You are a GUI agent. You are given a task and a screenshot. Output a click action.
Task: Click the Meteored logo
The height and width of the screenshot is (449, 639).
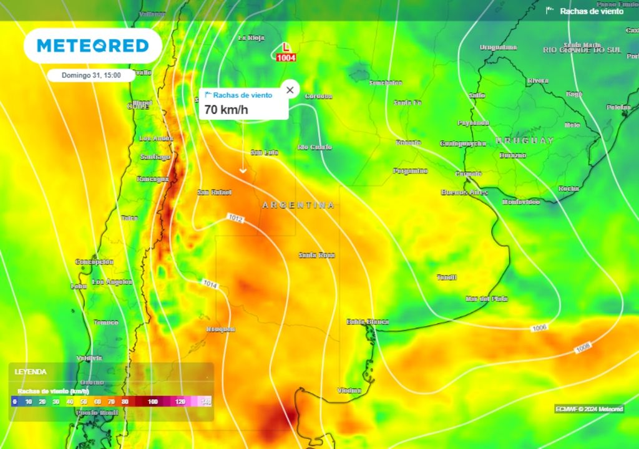point(92,46)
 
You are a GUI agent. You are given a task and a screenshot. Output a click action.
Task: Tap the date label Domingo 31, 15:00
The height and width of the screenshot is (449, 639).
point(91,75)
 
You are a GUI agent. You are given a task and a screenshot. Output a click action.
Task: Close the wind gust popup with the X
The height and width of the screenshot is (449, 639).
point(290,90)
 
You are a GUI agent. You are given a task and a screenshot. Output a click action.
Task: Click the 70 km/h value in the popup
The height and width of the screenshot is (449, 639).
point(226,110)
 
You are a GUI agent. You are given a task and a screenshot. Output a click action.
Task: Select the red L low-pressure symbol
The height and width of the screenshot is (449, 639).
point(286,47)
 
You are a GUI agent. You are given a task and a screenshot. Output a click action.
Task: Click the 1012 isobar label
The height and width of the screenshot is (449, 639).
point(236,219)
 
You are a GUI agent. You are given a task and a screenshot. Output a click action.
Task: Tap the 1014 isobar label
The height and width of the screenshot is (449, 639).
point(210,284)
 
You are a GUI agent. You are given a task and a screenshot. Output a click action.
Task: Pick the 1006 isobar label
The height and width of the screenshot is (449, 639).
point(540,328)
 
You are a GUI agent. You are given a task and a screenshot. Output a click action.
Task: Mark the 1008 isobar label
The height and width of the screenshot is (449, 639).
point(583,347)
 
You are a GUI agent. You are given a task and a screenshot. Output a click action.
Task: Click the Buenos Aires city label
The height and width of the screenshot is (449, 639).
point(464,192)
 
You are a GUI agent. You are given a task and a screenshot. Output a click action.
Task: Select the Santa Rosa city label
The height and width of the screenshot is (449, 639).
point(316,255)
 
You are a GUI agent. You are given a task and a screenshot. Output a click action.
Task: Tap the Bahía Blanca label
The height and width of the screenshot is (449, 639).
point(368,322)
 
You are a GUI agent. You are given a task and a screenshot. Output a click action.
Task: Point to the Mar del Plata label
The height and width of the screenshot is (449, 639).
point(486,299)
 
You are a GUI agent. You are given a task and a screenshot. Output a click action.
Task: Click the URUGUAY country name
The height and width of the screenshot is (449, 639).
point(525,140)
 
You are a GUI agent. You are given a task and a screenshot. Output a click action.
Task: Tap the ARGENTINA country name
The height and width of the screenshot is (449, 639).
point(298,205)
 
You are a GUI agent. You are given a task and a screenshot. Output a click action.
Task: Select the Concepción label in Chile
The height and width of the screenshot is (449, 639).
point(94,262)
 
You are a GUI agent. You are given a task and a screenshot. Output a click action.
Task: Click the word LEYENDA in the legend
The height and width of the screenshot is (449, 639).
point(31,372)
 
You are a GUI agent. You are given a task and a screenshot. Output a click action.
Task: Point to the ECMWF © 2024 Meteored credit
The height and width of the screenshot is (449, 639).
point(589,409)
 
